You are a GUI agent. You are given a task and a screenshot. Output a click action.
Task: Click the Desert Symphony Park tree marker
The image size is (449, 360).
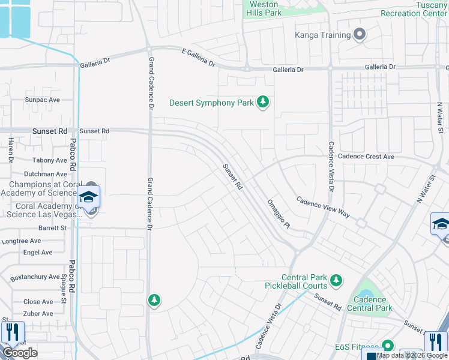pos(262,103)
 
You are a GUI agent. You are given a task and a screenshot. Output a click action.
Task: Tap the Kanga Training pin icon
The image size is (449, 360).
pos(360,35)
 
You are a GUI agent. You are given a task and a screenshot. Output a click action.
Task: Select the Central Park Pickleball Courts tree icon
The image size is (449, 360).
pos(336,280)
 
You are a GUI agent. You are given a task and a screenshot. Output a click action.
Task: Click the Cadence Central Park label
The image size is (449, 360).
pos(370,304)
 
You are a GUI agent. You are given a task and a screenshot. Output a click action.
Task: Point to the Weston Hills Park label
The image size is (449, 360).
pos(264,8)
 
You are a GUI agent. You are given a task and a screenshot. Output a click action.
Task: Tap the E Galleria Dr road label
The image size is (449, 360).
pos(199,58)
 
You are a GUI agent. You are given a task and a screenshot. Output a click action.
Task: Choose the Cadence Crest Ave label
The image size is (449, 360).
pos(366,157)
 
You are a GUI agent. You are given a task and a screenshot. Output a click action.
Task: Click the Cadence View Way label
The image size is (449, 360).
pos(323,208)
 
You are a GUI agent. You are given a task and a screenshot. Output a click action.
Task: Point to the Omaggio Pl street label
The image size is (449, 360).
pos(278,214)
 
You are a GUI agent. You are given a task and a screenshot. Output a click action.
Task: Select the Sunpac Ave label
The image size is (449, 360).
pos(42,100)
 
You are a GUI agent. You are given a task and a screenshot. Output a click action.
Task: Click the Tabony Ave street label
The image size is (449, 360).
pos(50,160)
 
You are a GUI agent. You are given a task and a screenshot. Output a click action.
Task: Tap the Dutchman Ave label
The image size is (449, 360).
pos(49,173)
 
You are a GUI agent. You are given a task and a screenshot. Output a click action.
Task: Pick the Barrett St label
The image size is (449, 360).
pos(53,228)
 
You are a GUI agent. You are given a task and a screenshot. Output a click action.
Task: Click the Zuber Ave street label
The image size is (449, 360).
pos(38,313)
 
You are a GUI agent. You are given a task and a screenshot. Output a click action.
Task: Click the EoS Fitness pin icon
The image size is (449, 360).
pos(387,346)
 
